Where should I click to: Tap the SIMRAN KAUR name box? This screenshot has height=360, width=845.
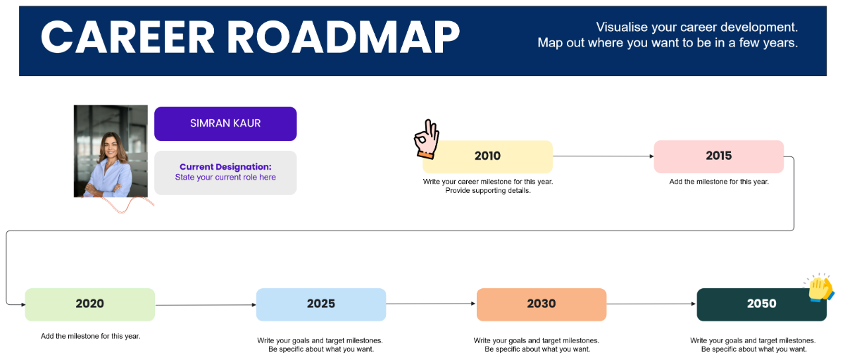tap(225, 123)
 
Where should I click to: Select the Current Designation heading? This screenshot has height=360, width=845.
tap(225, 167)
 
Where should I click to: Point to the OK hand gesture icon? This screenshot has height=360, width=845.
tap(426, 139)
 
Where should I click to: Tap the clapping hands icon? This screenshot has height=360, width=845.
tap(820, 288)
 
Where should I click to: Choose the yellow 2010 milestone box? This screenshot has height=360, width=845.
tap(487, 156)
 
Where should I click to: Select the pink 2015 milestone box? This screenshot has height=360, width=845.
tap(718, 156)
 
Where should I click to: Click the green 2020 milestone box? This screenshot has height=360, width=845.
tap(89, 304)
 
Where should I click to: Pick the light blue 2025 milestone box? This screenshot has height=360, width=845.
tap(320, 304)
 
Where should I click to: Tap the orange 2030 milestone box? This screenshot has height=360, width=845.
tap(541, 304)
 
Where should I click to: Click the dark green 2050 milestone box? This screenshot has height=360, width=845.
tap(761, 304)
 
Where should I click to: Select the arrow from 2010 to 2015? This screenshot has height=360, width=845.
tap(603, 156)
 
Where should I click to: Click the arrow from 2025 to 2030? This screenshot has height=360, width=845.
tap(431, 304)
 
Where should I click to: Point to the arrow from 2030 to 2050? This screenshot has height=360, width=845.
tap(651, 304)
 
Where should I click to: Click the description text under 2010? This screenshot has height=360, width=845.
tap(487, 186)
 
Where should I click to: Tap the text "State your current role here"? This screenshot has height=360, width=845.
tap(225, 178)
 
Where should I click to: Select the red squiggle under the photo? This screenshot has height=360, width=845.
tap(127, 204)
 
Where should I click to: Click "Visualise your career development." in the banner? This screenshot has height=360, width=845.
tap(696, 27)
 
